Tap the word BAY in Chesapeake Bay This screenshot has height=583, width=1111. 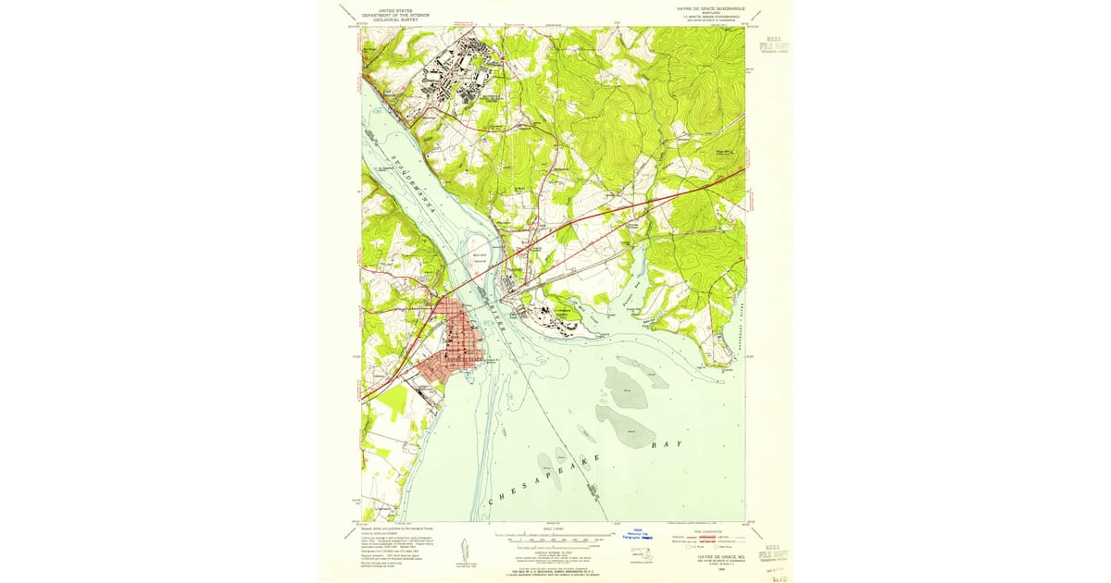click(x=668, y=444)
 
